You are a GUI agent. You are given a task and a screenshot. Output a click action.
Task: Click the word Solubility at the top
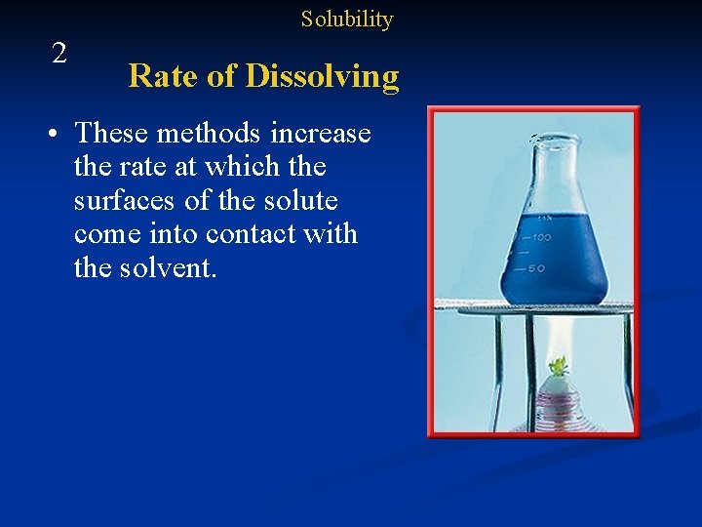pyautogui.click(x=346, y=20)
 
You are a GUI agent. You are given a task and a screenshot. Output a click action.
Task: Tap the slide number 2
pyautogui.click(x=59, y=54)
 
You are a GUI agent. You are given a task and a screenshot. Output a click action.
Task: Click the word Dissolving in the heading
pyautogui.click(x=322, y=76)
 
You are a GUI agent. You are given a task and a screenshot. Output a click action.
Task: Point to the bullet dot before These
pyautogui.click(x=60, y=134)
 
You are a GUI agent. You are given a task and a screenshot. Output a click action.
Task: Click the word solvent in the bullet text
pyautogui.click(x=168, y=267)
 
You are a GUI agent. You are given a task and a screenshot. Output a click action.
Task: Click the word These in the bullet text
pyautogui.click(x=111, y=133)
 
